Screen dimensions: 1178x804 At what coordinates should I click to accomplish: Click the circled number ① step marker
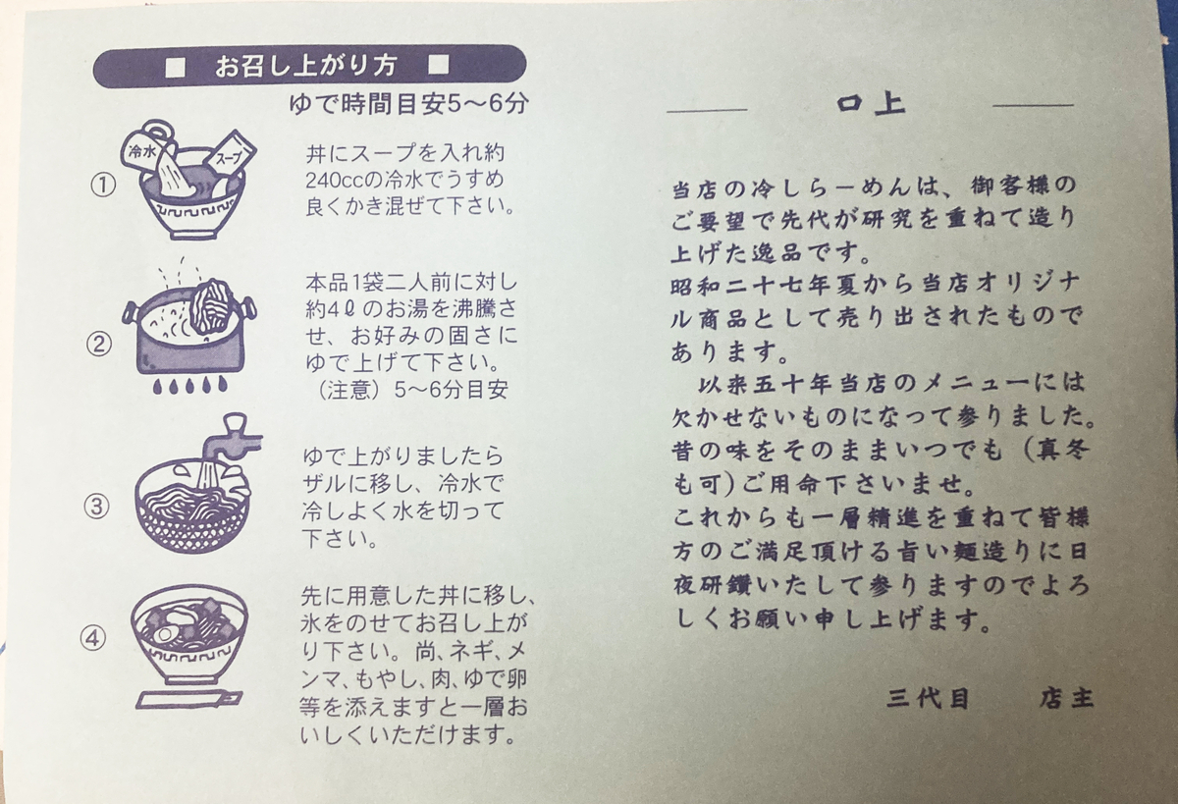tap(104, 187)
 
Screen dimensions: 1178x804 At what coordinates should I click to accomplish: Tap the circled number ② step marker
tap(99, 345)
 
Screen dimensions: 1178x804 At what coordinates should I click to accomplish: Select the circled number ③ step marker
tap(97, 507)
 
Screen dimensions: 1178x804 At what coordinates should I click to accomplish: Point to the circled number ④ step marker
tap(92, 639)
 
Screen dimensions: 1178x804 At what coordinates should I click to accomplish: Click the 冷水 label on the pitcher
tap(142, 152)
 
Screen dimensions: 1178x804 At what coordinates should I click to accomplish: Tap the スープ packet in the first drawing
tap(231, 155)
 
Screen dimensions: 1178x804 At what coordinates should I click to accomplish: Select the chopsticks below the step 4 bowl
tap(188, 699)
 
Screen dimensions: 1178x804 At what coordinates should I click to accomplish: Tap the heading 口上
tap(871, 104)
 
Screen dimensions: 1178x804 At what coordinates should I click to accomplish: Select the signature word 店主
tap(1066, 698)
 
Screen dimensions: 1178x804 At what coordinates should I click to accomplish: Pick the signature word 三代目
tap(929, 699)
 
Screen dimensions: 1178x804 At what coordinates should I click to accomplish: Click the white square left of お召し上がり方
tap(175, 67)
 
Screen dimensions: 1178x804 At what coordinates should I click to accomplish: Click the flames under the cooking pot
tap(189, 386)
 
